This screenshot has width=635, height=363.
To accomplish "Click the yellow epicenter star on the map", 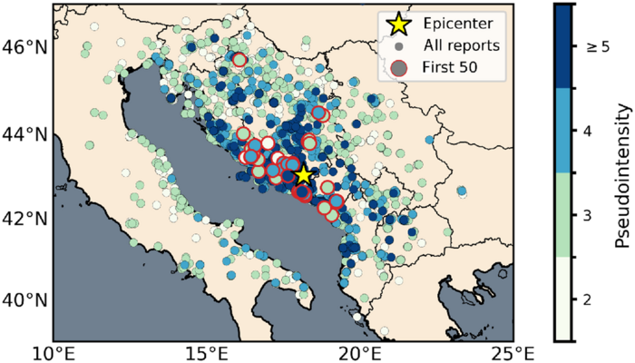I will (303, 175).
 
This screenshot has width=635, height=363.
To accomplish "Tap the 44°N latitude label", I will (26, 134).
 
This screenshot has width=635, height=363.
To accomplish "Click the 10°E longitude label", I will (52, 350).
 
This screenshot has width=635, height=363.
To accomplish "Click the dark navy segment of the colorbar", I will (562, 45).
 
